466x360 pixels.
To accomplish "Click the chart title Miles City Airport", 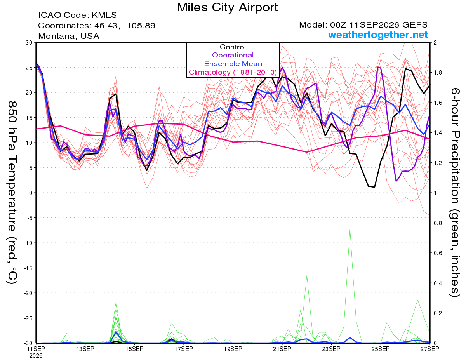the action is click(227, 7).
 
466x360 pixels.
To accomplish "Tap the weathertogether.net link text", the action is click(378, 35).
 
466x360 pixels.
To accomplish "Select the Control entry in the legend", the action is click(233, 47).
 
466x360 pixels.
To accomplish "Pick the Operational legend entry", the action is click(233, 55).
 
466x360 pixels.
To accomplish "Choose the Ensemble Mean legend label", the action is click(233, 64).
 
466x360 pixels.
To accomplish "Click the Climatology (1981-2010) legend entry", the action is click(233, 72).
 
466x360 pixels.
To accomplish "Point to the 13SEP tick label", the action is click(85, 349).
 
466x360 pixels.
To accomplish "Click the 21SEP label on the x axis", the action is click(282, 349).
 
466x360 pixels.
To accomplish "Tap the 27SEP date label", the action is click(429, 349).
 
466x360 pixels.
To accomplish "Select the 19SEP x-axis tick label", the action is click(233, 349).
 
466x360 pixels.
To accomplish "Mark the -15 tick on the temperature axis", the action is click(28, 268).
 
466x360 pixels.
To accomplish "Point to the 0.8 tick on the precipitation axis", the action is click(436, 223).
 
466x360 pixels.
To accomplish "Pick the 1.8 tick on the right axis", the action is click(436, 73).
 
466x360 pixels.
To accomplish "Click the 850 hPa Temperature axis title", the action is click(12, 193).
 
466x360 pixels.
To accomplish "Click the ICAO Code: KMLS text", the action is click(77, 15).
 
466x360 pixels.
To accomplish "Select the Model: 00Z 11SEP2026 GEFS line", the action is click(363, 25).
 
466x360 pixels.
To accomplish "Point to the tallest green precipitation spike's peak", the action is click(350, 229).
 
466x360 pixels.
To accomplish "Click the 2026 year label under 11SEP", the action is click(36, 356).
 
